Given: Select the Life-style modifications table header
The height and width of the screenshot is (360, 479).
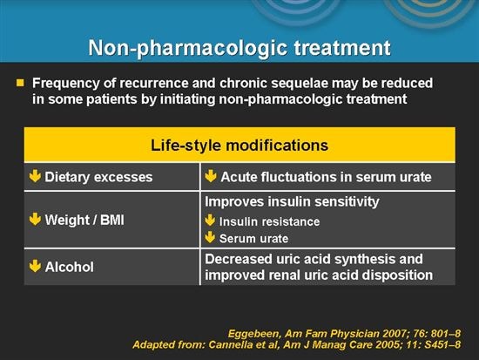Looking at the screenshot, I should pos(239,143).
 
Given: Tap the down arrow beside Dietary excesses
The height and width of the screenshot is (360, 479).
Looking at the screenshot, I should pos(35,177).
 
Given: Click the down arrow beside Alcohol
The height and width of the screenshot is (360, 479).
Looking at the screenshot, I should pos(35,268).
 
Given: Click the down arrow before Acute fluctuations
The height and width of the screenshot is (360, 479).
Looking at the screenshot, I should pos(210,177).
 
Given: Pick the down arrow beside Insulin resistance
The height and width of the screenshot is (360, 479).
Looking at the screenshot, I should pos(210,221).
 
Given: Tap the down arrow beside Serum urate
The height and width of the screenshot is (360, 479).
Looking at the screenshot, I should pos(210,237).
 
